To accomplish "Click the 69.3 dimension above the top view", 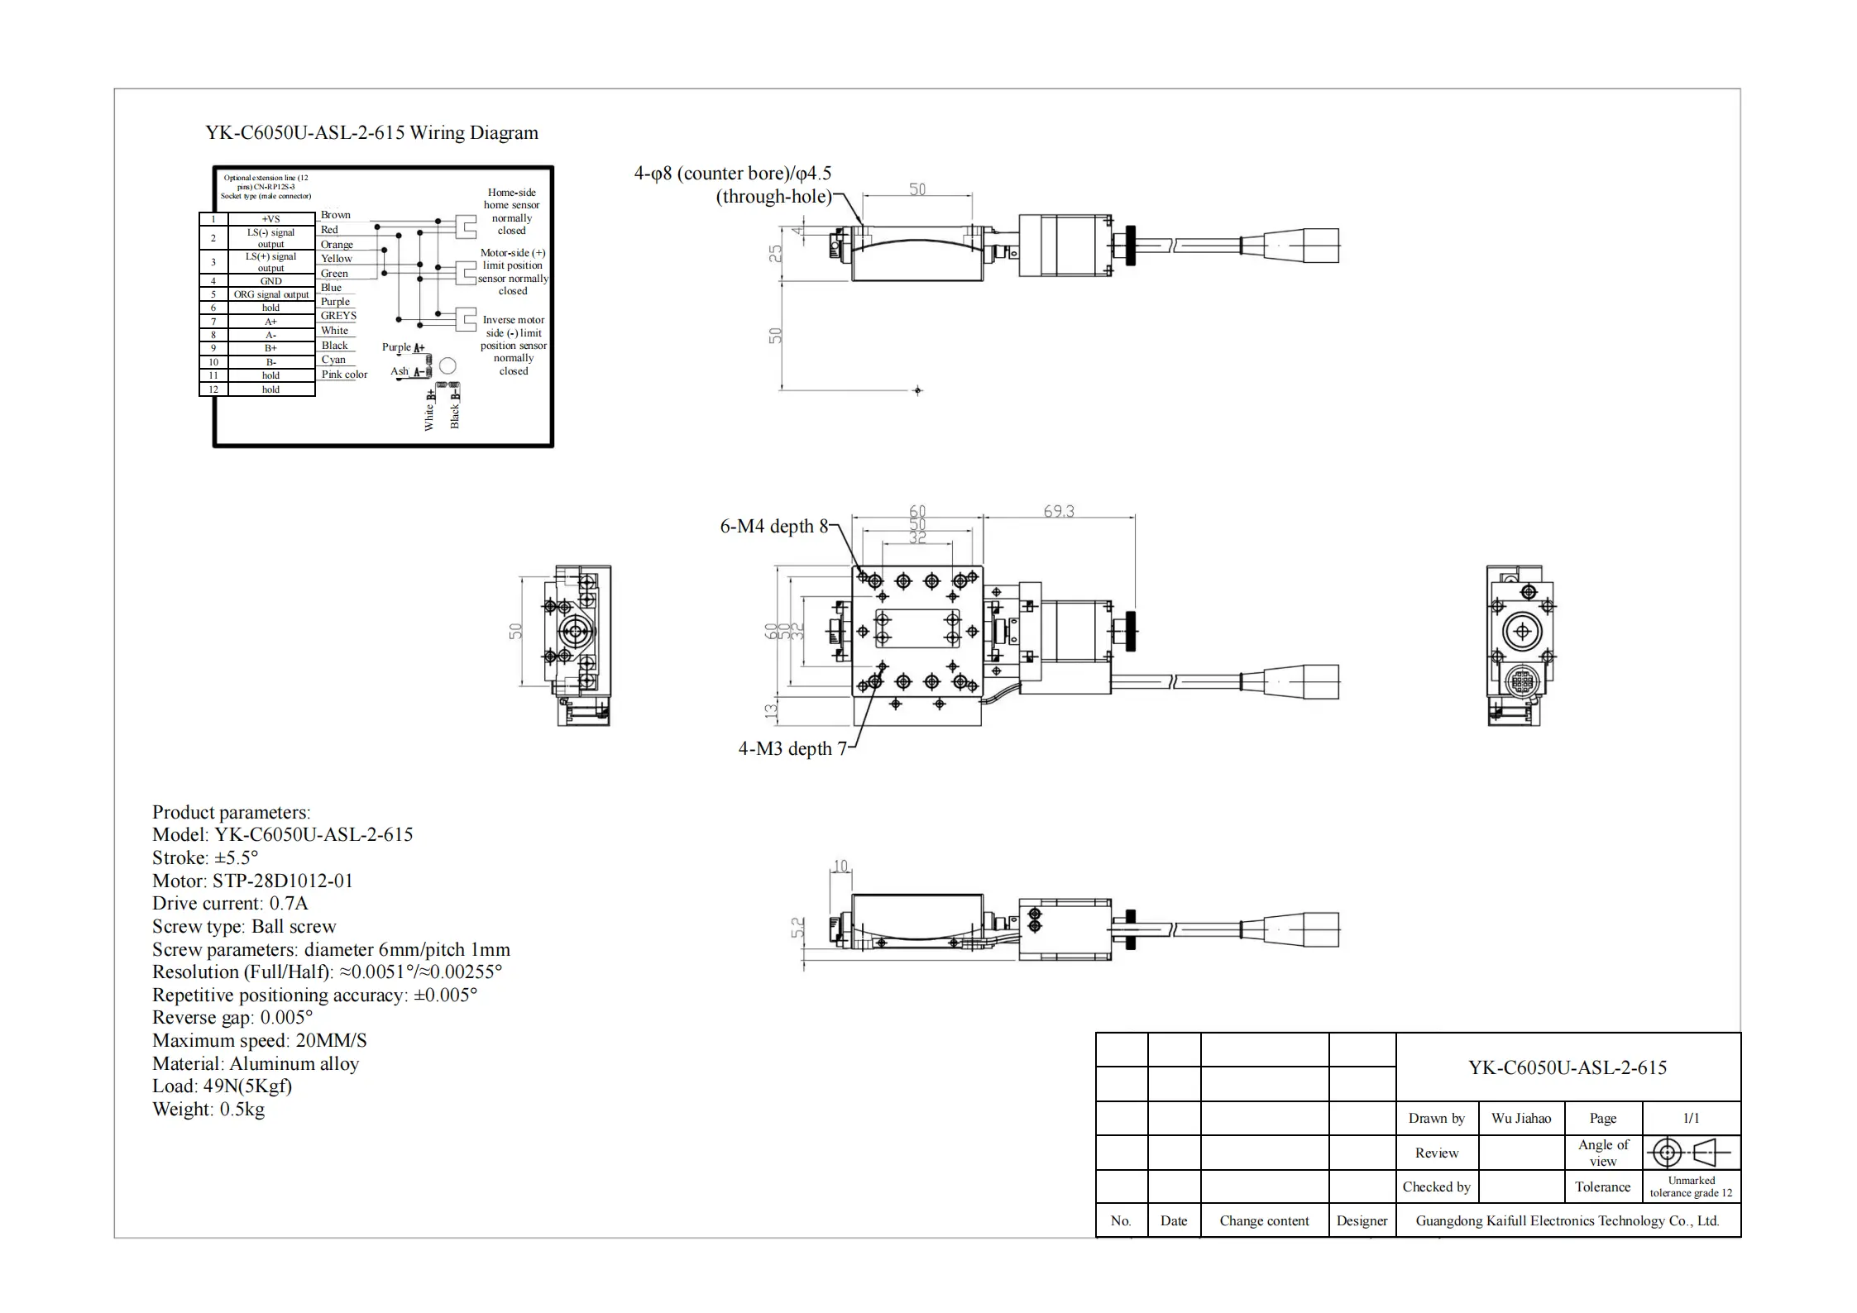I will [x=1058, y=511].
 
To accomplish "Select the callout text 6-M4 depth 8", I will [x=773, y=527].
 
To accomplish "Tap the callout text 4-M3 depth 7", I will [x=792, y=748].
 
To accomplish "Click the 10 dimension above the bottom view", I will [x=840, y=866].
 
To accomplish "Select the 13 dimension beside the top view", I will [x=771, y=709].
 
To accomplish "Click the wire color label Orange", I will [x=337, y=245].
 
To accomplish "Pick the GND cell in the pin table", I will [x=270, y=281].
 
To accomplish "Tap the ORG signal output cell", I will [x=270, y=294].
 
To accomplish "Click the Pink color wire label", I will [x=344, y=375].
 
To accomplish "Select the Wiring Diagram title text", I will [x=371, y=133].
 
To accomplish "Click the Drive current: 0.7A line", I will [x=230, y=904].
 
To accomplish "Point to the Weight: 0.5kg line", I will [x=208, y=1110].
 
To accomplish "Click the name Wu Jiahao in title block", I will [x=1520, y=1118].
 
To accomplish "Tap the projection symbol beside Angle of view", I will [x=1690, y=1152].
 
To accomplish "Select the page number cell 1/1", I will [x=1691, y=1118].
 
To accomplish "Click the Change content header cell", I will [x=1263, y=1220].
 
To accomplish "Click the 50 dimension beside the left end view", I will [x=515, y=631].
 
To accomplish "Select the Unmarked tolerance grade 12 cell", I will [x=1691, y=1186].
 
